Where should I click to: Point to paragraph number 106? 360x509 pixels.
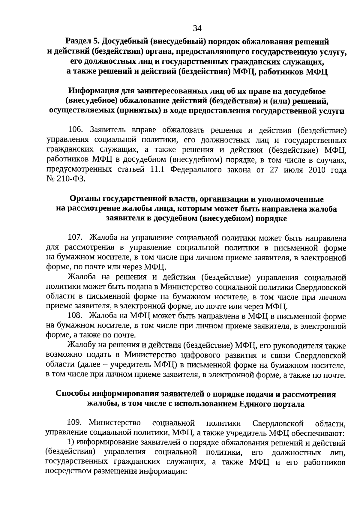point(75,130)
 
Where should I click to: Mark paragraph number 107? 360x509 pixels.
point(75,238)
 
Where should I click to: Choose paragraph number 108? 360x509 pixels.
point(75,316)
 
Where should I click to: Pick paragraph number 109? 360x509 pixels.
point(75,422)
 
